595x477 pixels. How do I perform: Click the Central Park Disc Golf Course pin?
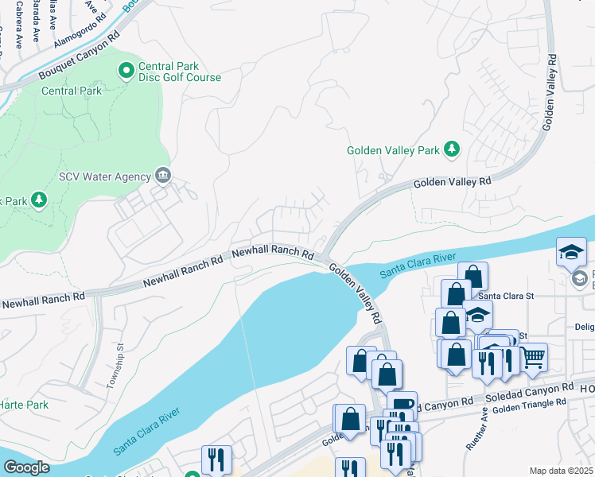coord(126,72)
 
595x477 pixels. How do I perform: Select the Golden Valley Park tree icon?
coord(452,149)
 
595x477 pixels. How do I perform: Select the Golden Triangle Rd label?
coord(529,405)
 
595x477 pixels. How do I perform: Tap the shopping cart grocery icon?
coord(533,357)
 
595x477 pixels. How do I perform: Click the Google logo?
coord(26,467)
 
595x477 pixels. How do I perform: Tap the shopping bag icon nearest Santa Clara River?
coord(472,277)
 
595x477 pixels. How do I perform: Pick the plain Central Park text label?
coord(72,91)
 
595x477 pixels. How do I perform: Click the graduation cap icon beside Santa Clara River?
coord(571,252)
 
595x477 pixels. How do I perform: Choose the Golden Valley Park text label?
coord(393,149)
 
